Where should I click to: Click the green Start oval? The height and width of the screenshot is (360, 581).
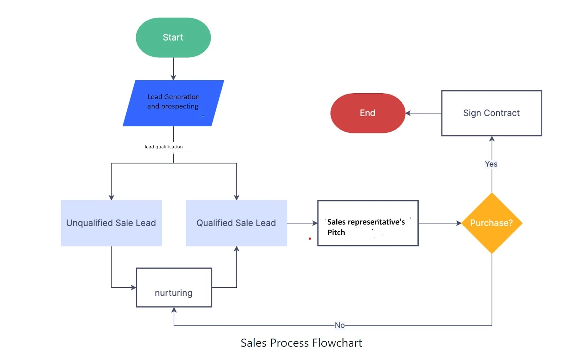point(173,37)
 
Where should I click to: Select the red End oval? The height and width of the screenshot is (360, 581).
point(367,113)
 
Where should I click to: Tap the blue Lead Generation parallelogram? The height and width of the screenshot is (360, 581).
point(173,103)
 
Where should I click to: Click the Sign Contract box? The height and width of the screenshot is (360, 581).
point(491,113)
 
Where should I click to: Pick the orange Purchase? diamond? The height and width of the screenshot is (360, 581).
point(492,223)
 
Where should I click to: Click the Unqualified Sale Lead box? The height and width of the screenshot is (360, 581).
point(111,223)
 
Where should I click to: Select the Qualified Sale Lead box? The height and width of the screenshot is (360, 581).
point(236,223)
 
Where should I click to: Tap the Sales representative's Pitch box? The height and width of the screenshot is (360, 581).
point(367,223)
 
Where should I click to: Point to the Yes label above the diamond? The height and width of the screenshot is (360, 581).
point(491,164)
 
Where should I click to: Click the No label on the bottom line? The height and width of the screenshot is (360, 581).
point(340,325)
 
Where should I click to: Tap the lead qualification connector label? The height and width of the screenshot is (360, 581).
point(163,147)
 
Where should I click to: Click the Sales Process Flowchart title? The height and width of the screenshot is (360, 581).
point(301,343)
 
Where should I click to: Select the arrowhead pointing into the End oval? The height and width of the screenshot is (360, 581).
point(408,113)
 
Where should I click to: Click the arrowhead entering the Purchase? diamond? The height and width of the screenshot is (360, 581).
point(459,223)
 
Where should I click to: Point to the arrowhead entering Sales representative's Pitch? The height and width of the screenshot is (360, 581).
point(315,223)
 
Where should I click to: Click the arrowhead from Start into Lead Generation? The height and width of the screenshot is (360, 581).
point(173,78)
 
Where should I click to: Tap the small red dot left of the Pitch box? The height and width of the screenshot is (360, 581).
point(310,238)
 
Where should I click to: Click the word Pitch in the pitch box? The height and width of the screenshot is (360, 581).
point(336,233)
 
